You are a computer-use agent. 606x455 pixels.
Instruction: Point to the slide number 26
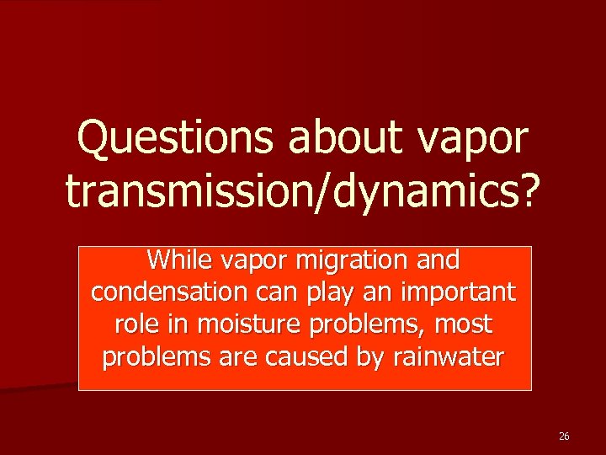click(x=564, y=436)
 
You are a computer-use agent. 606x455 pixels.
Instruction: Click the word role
click(x=130, y=324)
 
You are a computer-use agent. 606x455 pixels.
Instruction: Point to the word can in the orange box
click(x=274, y=293)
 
